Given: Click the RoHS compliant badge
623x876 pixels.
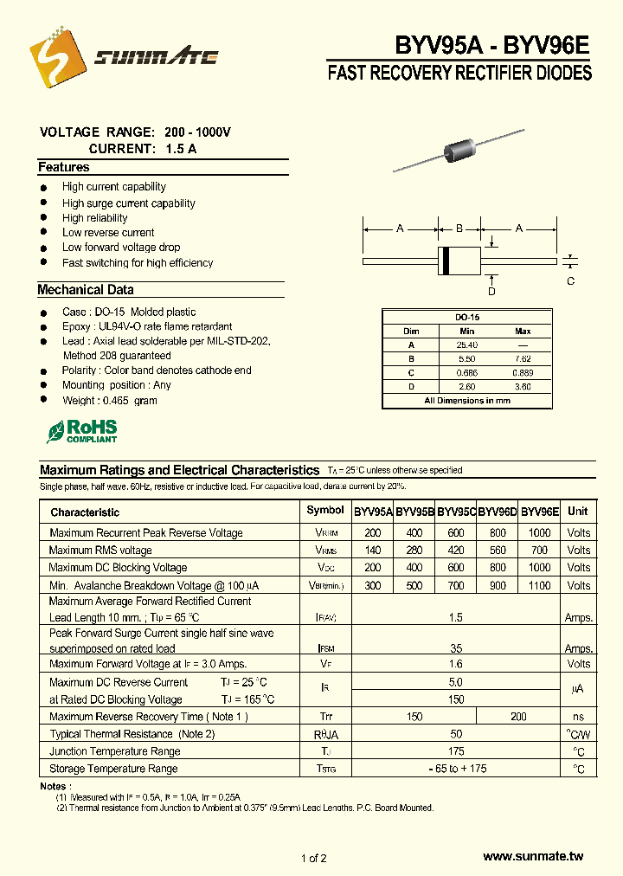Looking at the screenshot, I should [x=82, y=431].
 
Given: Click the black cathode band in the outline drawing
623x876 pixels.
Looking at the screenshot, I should [x=446, y=260].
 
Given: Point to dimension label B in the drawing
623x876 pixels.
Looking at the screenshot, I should [x=459, y=229].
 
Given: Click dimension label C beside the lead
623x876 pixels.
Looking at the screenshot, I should [x=570, y=280].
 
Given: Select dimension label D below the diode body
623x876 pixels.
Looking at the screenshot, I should [x=491, y=292].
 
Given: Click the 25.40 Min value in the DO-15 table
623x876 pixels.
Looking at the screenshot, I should [x=467, y=345].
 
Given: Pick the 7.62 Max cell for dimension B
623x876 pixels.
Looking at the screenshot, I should [x=523, y=359].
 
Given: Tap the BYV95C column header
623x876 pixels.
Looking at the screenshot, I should [x=457, y=512].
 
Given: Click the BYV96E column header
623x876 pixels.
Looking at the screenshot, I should [x=540, y=512].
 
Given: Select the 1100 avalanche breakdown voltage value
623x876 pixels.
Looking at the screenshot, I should [x=540, y=585].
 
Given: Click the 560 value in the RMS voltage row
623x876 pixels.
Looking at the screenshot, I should [x=498, y=551].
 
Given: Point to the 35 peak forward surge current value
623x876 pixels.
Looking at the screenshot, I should [x=456, y=648].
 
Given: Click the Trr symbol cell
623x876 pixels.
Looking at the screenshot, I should [x=325, y=717].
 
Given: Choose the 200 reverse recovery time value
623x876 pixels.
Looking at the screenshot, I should [x=518, y=717].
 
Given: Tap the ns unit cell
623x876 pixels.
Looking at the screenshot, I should [x=578, y=717].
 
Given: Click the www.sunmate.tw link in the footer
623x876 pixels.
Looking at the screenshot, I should [x=533, y=856].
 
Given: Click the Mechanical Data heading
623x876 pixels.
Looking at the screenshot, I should [x=86, y=290].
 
